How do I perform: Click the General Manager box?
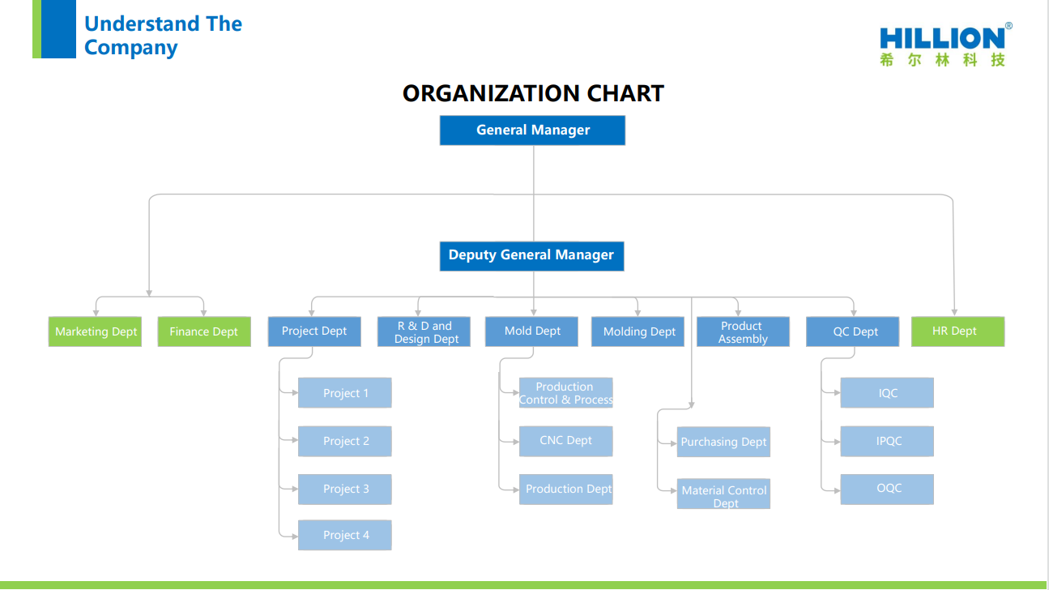(532, 130)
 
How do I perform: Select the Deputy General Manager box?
(531, 256)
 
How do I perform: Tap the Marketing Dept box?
(95, 331)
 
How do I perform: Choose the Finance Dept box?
(204, 331)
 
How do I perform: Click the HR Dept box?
(957, 331)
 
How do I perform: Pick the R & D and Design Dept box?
(424, 331)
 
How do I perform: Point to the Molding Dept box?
(638, 331)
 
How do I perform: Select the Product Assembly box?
(743, 331)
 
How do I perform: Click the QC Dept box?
(852, 331)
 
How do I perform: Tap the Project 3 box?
(345, 490)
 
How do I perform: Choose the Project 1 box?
(345, 393)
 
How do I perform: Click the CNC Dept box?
(565, 441)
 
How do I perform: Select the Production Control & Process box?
(565, 393)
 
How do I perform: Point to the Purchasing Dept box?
(723, 442)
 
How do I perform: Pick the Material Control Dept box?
(723, 494)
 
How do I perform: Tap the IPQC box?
(887, 441)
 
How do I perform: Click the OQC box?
(887, 490)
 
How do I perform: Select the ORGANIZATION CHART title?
(533, 93)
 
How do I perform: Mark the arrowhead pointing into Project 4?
(295, 537)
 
